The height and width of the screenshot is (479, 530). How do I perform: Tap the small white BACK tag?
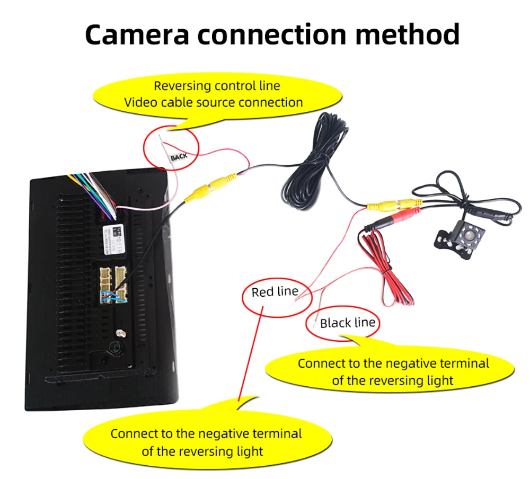click(x=179, y=157)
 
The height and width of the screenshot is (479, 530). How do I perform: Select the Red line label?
click(x=275, y=292)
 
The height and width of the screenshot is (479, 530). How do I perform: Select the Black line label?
click(x=347, y=323)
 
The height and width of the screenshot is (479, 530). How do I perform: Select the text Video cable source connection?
click(x=213, y=102)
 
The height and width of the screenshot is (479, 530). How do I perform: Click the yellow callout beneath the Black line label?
click(x=393, y=371)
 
